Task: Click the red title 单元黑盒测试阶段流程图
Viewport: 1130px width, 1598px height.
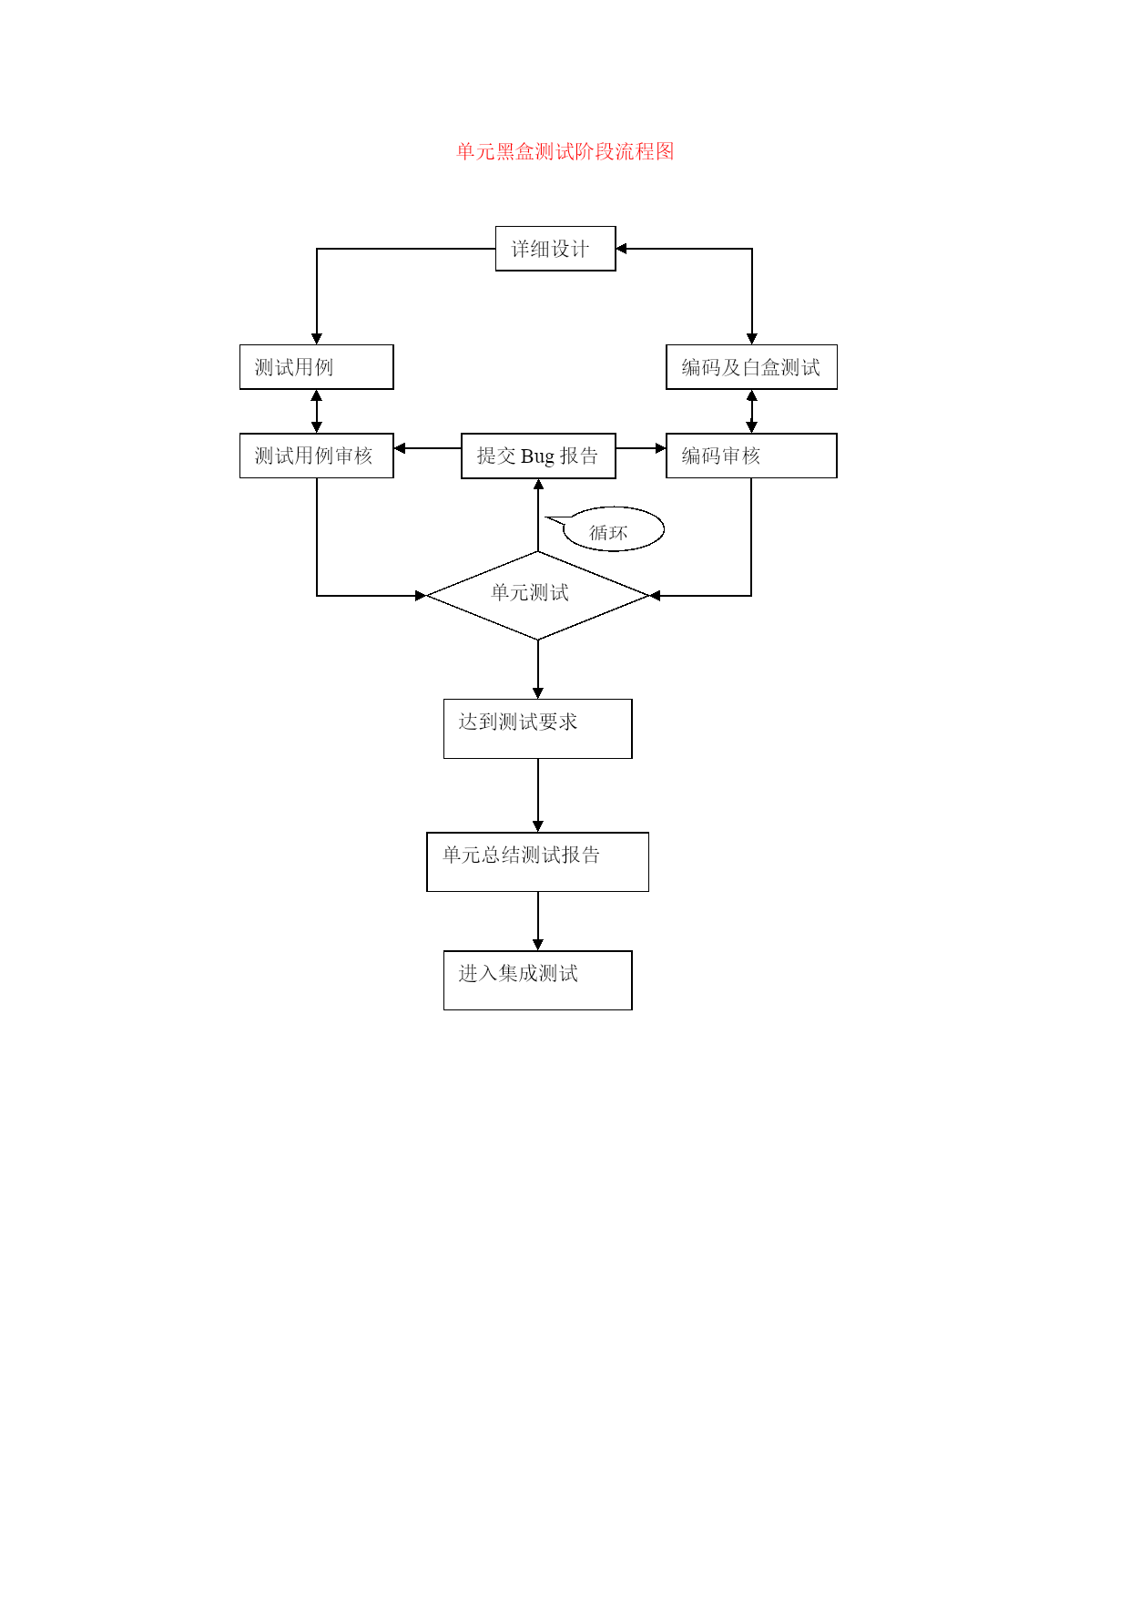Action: click(565, 151)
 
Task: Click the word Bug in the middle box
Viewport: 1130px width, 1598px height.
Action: click(537, 456)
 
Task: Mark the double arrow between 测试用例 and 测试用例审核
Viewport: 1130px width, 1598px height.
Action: click(317, 412)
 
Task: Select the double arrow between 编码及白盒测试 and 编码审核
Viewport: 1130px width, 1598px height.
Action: click(752, 412)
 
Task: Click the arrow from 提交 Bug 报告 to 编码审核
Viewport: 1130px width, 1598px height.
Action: click(641, 448)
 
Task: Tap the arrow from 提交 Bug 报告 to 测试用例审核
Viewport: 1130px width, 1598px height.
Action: click(427, 448)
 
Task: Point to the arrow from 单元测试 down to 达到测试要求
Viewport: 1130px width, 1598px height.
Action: click(538, 670)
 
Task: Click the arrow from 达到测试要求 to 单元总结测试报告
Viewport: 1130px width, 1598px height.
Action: click(538, 795)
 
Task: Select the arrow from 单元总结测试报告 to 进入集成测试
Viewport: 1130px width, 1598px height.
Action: click(538, 921)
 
